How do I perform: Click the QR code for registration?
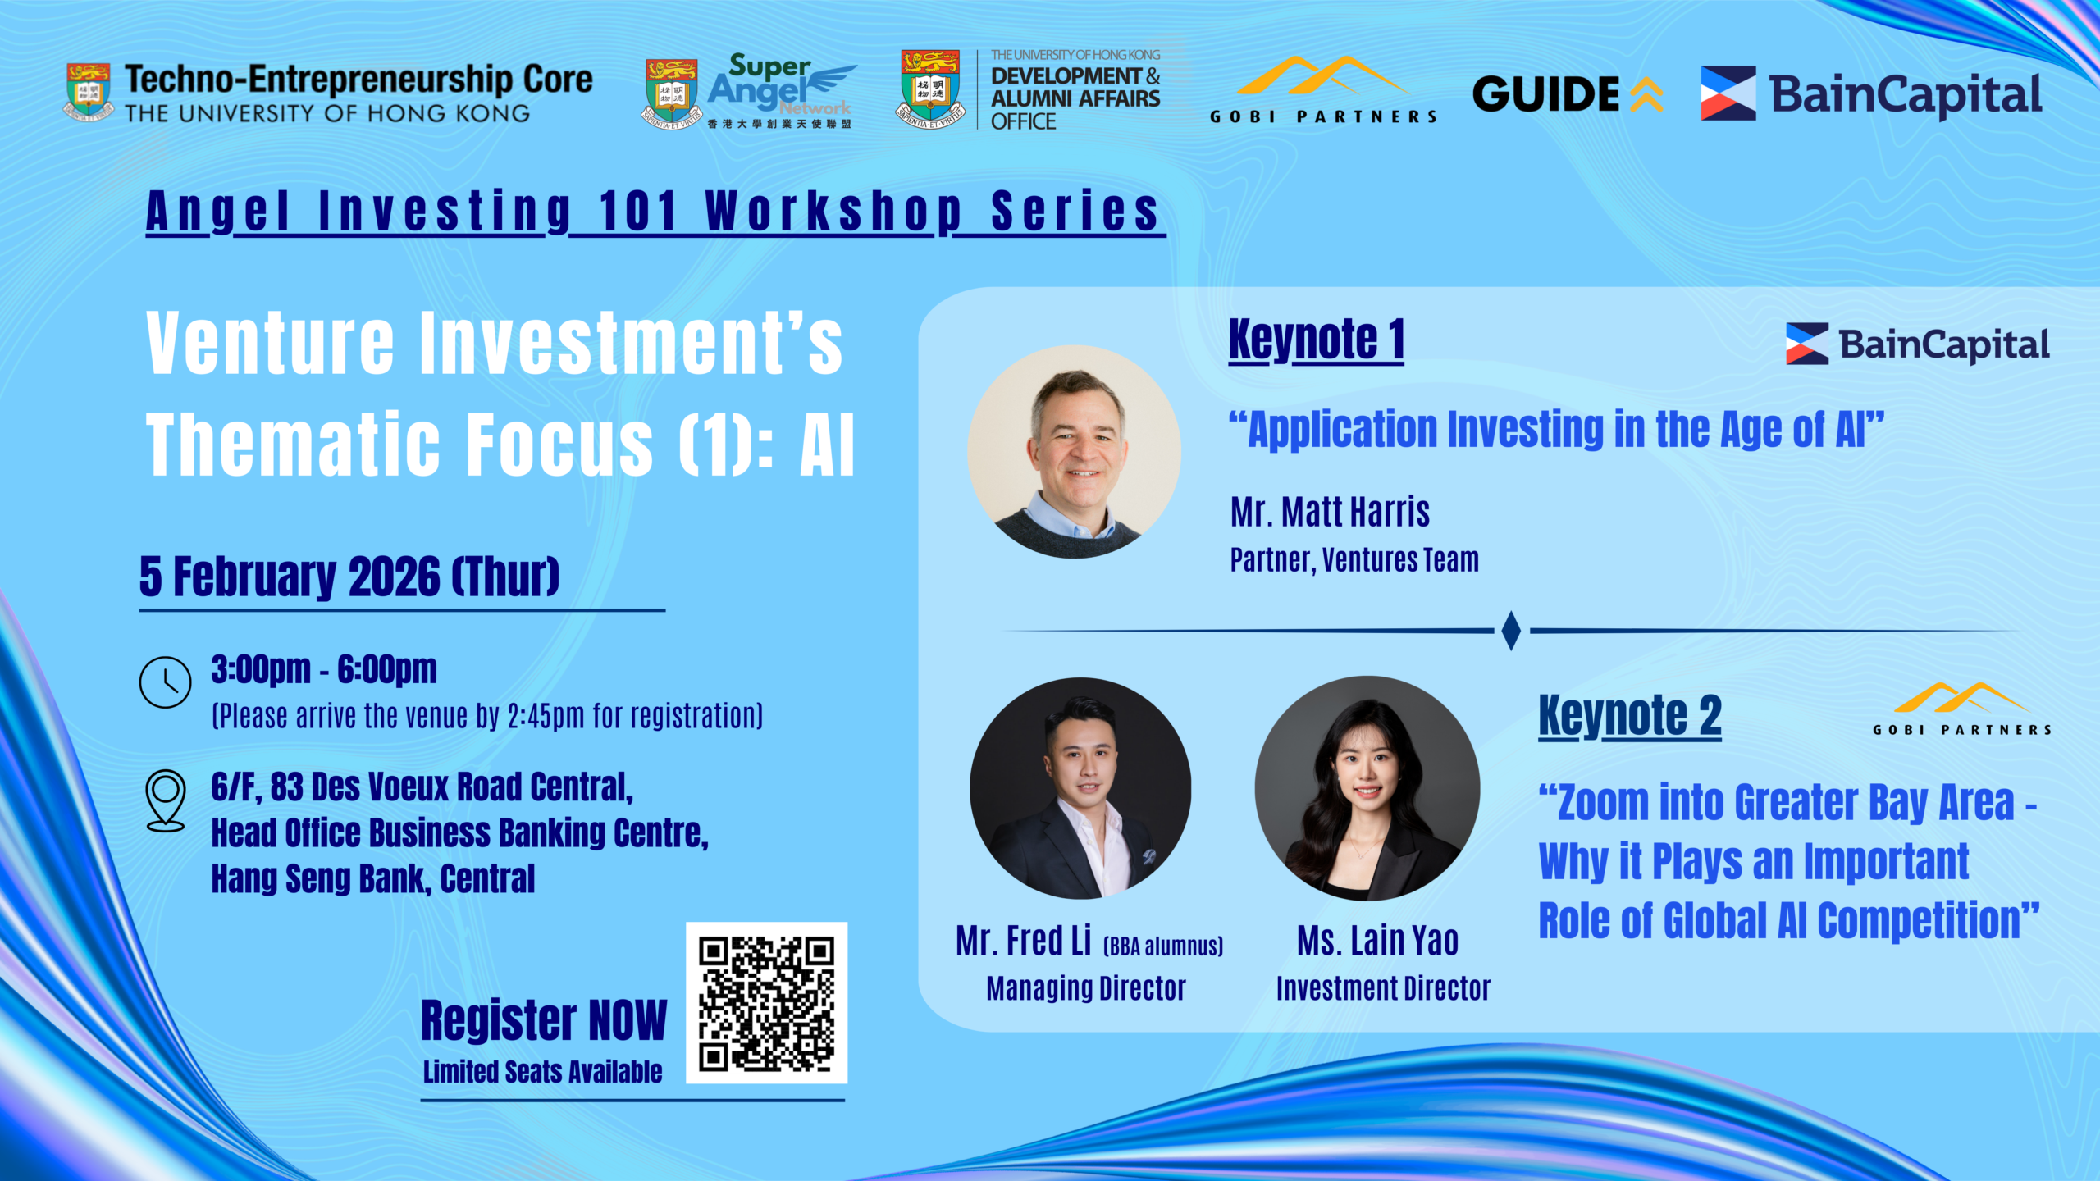point(766,1002)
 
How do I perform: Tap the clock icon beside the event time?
point(165,682)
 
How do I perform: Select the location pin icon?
point(165,800)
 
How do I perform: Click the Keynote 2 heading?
point(1630,716)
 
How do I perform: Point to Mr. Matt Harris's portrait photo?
point(1074,452)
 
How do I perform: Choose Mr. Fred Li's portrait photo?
point(1080,788)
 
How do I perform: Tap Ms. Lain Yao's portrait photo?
point(1367,788)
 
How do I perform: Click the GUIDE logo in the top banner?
point(1568,94)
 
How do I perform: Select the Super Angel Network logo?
point(749,91)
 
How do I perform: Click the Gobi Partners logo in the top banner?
point(1323,89)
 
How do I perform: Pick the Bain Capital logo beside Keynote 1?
point(1918,344)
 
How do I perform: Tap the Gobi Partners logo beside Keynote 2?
point(1961,709)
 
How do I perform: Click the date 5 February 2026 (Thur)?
point(349,576)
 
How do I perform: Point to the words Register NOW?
point(544,1020)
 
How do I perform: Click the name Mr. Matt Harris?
point(1330,512)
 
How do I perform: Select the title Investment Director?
point(1383,988)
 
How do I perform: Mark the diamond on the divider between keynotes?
point(1511,631)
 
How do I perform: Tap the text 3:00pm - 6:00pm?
point(324,669)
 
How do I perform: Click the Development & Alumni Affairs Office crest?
point(930,89)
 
